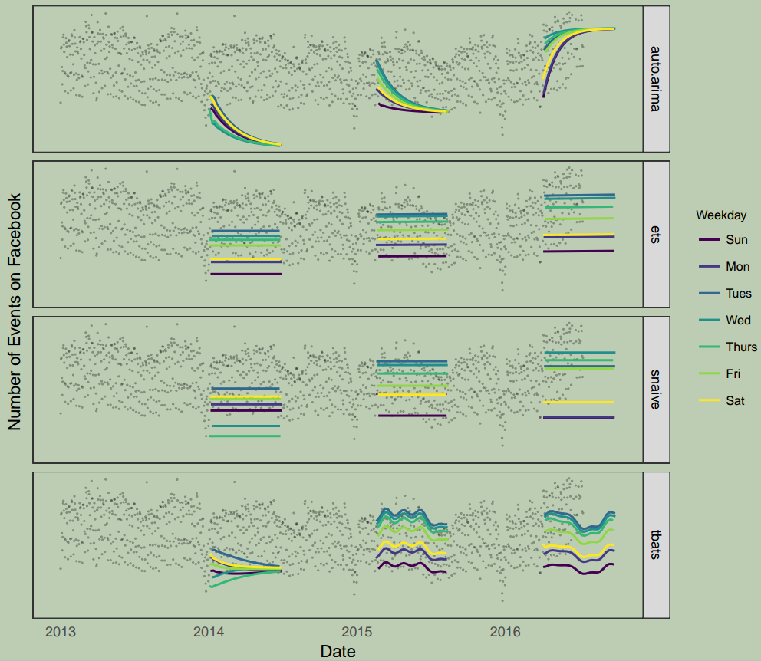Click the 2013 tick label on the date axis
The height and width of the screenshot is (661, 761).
(61, 632)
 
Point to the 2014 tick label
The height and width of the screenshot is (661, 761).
(209, 632)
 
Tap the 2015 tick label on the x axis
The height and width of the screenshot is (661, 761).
(357, 632)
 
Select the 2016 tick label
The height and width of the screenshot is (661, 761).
(505, 632)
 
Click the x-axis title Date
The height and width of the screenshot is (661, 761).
(338, 651)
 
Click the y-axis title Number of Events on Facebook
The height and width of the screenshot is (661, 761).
(15, 311)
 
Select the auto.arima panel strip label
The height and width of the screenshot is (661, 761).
(656, 78)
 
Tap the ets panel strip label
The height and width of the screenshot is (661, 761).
(656, 235)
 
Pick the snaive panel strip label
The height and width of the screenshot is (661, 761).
(656, 390)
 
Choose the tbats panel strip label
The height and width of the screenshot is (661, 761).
(656, 544)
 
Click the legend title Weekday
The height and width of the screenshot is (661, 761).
(717, 215)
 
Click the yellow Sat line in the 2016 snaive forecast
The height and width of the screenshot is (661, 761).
(578, 402)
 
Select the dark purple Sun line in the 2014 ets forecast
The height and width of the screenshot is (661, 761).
(245, 274)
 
